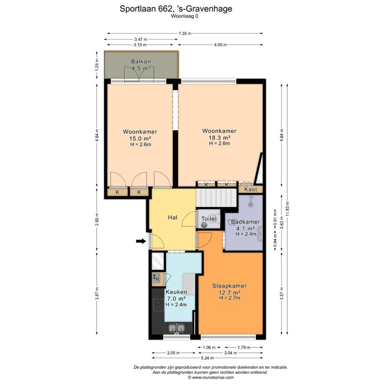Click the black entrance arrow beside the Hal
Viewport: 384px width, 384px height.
[x=141, y=241]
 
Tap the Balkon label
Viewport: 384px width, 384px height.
[x=141, y=61]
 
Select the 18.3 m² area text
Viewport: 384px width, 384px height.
[x=219, y=138]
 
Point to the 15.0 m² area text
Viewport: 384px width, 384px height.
[x=140, y=139]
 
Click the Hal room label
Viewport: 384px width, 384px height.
[x=173, y=218]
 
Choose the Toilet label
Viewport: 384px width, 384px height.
[x=209, y=219]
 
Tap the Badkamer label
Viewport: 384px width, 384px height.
[x=245, y=222]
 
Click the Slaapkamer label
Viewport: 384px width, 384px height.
[x=229, y=286]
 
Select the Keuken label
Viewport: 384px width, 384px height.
[x=177, y=292]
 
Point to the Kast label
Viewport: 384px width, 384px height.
[x=251, y=189]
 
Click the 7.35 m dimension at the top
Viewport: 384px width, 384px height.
[x=185, y=33]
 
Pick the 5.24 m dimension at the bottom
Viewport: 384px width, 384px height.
[x=207, y=358]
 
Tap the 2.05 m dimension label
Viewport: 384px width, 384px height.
[x=173, y=353]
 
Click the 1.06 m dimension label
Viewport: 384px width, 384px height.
[x=209, y=348]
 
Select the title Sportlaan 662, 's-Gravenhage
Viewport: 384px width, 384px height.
[x=176, y=9]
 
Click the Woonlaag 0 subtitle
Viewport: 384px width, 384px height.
[x=185, y=17]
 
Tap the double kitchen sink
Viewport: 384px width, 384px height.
[x=177, y=328]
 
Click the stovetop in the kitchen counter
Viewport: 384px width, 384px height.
[x=158, y=305]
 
